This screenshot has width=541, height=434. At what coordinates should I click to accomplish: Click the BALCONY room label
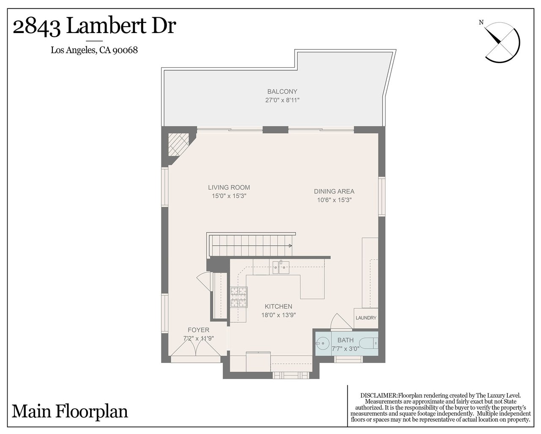(x=282, y=92)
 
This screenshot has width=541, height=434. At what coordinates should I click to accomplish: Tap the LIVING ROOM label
(x=229, y=187)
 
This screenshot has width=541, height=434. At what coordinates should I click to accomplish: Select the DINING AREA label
(x=334, y=192)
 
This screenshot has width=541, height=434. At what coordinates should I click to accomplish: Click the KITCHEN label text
(x=278, y=306)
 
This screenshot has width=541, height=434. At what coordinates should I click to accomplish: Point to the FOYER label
(x=198, y=330)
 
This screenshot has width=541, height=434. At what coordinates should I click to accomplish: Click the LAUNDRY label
(x=366, y=318)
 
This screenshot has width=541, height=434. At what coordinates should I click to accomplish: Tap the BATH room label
(x=345, y=340)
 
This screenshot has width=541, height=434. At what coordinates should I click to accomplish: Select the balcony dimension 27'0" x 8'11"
(x=282, y=100)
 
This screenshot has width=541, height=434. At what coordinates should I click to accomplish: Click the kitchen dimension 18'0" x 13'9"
(x=278, y=315)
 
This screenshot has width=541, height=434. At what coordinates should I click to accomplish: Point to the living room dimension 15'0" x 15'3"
(x=229, y=196)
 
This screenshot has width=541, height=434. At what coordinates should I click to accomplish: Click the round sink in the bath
(x=321, y=343)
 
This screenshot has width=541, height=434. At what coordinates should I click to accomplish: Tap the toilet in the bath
(x=368, y=343)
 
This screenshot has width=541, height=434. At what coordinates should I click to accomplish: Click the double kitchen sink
(x=281, y=267)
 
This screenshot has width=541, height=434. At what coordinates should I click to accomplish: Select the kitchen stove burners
(x=239, y=297)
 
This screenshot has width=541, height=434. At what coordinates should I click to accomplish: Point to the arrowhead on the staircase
(x=290, y=246)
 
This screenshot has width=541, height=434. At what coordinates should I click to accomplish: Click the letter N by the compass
(x=481, y=23)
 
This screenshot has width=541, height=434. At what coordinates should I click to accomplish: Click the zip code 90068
(x=125, y=50)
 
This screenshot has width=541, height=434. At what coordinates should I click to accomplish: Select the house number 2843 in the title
(x=37, y=27)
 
